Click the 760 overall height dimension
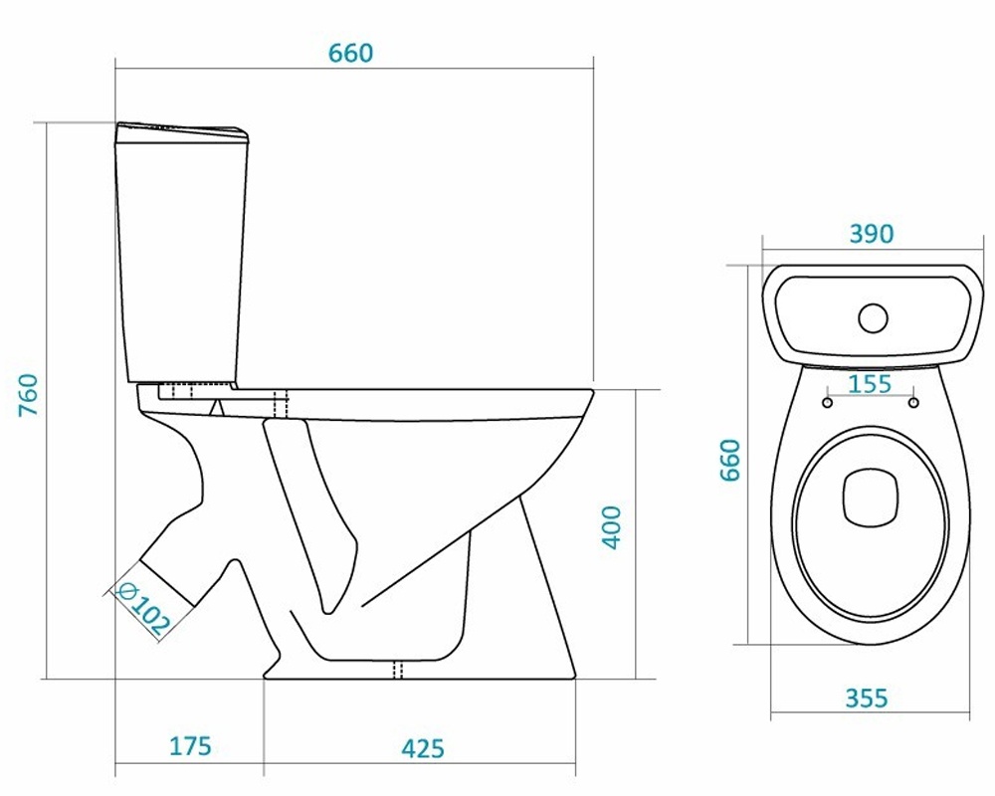29,395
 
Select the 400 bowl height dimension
612,527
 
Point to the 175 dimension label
190,746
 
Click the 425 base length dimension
423,748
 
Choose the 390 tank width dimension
872,234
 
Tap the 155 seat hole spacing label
870,384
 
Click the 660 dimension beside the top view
730,461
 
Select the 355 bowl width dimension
867,698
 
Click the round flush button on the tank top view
874,318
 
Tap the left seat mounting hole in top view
828,402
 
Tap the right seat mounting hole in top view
913,402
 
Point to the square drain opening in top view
871,497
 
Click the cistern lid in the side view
181,131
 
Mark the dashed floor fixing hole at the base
399,670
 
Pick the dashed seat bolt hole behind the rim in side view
281,404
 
